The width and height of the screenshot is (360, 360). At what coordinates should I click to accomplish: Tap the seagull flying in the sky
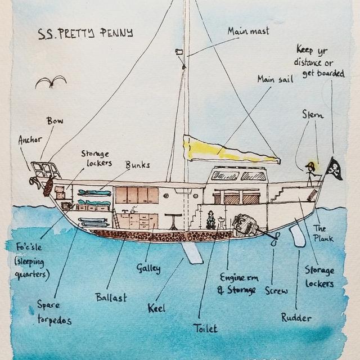(51, 82)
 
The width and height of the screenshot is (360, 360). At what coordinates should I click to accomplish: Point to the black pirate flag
(334, 168)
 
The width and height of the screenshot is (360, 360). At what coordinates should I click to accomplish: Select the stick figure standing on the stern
(310, 173)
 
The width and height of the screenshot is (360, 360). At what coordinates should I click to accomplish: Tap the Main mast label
(249, 30)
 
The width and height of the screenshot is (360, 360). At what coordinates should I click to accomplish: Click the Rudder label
(296, 318)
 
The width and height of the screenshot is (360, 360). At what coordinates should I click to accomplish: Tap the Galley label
(148, 268)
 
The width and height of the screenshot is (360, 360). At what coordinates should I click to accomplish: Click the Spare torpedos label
(53, 313)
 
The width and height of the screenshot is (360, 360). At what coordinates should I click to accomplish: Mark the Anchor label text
(30, 139)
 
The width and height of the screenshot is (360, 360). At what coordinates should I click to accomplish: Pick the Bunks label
(137, 165)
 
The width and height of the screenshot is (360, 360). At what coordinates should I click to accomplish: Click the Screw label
(276, 290)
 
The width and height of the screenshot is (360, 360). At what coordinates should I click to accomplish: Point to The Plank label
(323, 233)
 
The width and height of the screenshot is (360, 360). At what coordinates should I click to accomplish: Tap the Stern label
(313, 115)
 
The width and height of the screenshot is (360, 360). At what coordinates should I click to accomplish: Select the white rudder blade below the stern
(296, 233)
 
